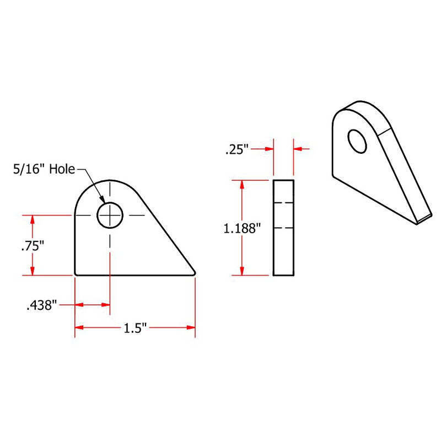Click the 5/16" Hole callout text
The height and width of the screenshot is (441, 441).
(x=45, y=169)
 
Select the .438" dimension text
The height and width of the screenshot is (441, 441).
(x=41, y=305)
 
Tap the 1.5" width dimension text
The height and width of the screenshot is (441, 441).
(x=135, y=328)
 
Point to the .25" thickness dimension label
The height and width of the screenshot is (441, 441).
(x=237, y=149)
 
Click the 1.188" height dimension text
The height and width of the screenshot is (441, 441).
(x=241, y=228)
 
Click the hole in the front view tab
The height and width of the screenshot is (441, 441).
(x=110, y=214)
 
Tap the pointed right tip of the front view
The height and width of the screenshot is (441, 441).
(x=195, y=272)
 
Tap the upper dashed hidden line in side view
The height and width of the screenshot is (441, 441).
(x=283, y=203)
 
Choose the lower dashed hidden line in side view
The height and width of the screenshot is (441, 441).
(x=283, y=227)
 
